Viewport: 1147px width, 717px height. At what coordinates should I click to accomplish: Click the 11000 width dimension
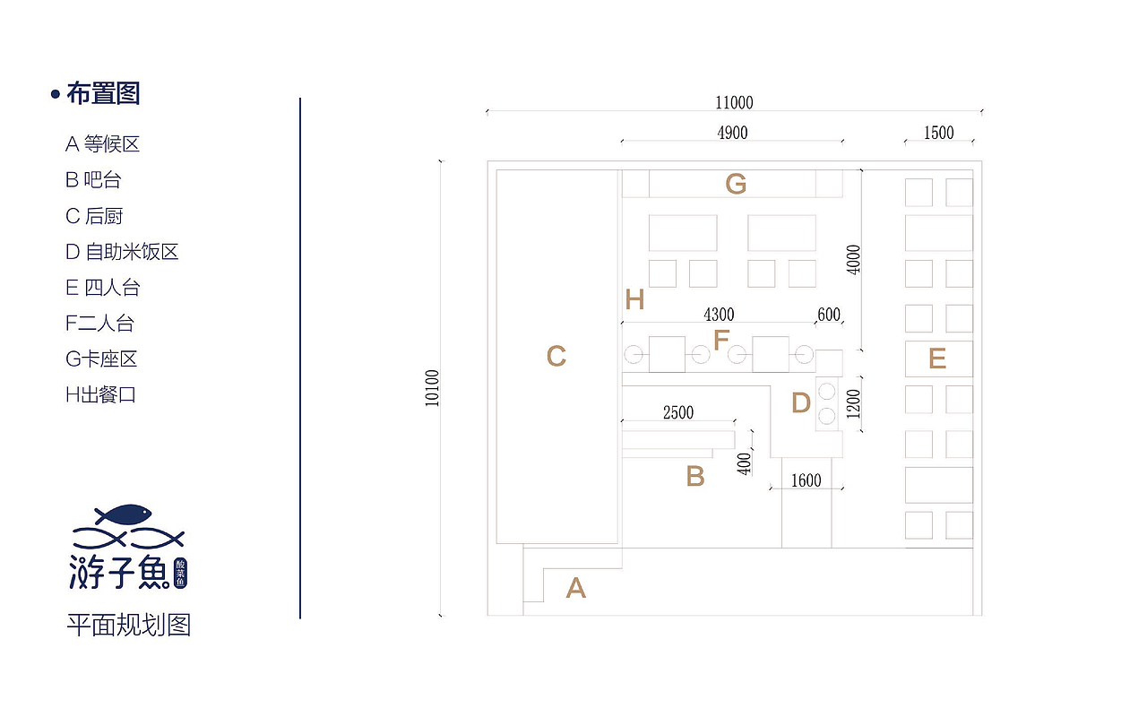point(734,103)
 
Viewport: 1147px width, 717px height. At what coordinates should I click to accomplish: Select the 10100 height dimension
point(432,388)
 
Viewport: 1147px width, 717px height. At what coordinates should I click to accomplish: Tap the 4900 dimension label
point(732,134)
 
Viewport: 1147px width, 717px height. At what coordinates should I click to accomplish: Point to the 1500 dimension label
point(938,134)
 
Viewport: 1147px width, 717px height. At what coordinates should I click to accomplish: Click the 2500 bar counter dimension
point(678,413)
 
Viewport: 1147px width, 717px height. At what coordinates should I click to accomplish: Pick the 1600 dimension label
point(806,481)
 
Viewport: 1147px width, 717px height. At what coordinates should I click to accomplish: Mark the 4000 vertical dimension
point(853,260)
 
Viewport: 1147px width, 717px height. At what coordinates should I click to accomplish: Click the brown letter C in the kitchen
point(556,356)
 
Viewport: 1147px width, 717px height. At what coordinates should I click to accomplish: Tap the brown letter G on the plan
point(736,184)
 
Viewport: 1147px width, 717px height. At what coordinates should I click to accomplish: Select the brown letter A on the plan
point(575,588)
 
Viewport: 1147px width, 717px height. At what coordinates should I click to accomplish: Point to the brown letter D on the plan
point(801,402)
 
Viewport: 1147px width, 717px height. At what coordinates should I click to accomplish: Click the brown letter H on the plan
point(634,299)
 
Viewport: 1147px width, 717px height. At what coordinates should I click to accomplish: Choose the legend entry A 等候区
point(102,144)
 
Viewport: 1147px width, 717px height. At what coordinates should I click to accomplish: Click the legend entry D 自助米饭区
point(122,252)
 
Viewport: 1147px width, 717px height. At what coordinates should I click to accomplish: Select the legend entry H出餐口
point(100,395)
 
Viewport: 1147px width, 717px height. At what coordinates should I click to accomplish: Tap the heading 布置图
point(103,94)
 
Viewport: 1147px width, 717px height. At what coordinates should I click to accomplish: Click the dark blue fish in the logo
point(123,514)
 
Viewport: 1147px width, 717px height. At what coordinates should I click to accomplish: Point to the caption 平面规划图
point(128,626)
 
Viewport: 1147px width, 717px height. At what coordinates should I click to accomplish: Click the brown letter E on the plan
point(937,358)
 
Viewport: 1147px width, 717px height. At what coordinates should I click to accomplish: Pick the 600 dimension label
point(829,315)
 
